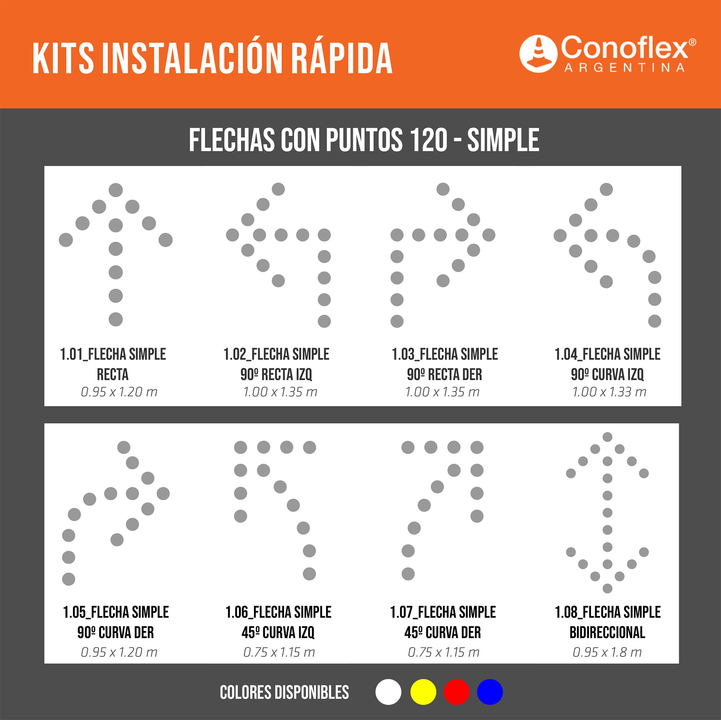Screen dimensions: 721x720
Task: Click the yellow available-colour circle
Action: [423, 692]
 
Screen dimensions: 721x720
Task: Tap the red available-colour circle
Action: [456, 692]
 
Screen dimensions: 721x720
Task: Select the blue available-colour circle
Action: [490, 692]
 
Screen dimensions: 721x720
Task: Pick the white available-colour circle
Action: [389, 692]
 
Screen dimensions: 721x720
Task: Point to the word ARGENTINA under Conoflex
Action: [625, 67]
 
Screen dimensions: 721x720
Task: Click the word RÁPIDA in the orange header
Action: [341, 59]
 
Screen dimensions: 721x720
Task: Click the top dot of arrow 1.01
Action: [116, 190]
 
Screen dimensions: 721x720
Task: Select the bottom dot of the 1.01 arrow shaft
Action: [116, 319]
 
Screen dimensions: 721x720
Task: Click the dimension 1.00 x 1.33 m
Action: [609, 392]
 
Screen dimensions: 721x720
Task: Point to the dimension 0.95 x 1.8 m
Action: [607, 652]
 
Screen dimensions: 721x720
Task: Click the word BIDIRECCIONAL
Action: [607, 632]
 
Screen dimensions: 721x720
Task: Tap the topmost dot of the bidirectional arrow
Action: [607, 437]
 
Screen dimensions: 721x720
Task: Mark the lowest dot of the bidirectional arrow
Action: [607, 588]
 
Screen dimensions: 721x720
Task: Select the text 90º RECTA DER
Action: [444, 374]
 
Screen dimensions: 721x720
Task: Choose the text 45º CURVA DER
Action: [443, 632]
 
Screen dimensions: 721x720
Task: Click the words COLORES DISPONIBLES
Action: [284, 692]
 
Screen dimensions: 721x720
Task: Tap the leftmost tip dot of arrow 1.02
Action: [233, 235]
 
